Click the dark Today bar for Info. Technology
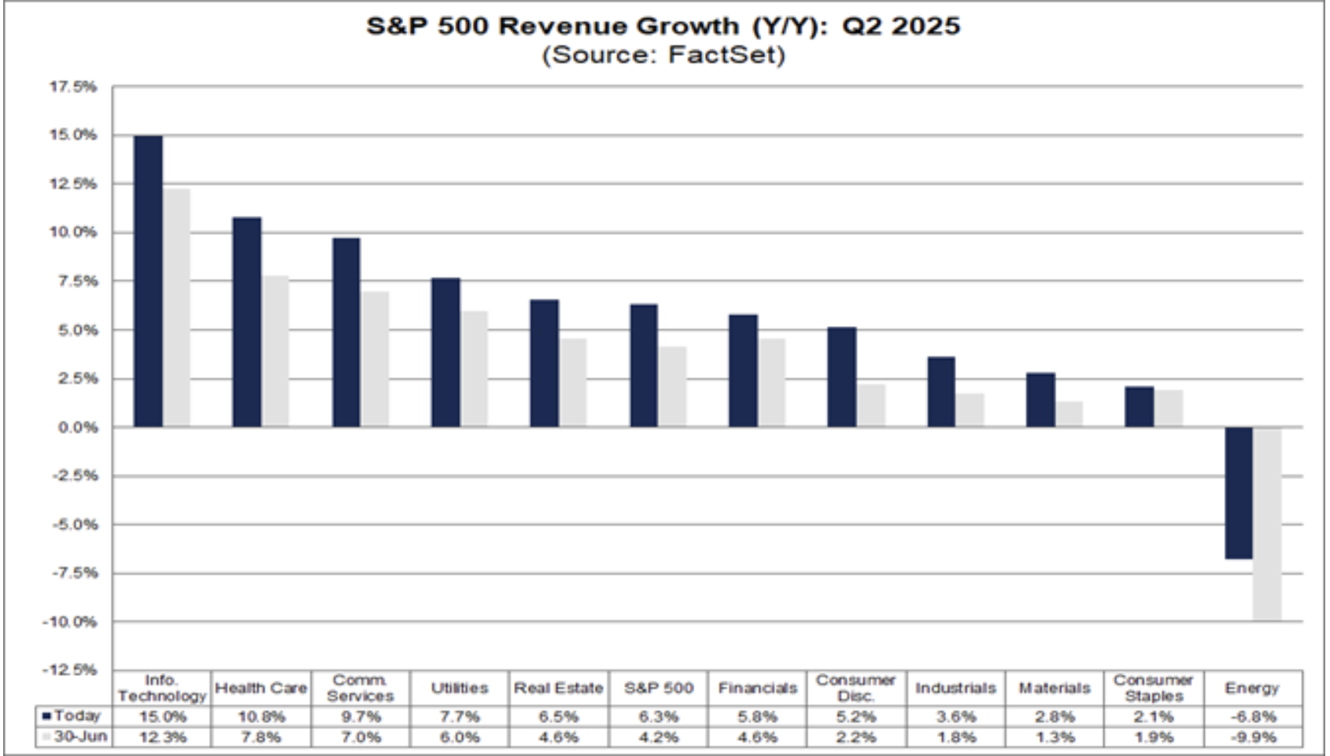(148, 281)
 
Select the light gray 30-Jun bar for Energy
(1267, 524)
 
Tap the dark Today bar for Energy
(1239, 493)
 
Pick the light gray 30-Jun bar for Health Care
(275, 351)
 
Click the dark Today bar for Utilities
(445, 352)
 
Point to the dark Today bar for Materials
(1040, 400)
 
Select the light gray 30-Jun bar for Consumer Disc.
(871, 406)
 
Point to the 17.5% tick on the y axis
(73, 87)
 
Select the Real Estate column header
(558, 688)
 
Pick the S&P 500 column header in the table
(659, 688)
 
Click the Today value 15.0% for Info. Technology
(162, 717)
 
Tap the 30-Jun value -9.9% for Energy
(1252, 738)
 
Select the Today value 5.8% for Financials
(757, 717)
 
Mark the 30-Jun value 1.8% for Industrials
(955, 738)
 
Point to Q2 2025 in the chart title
(901, 26)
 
